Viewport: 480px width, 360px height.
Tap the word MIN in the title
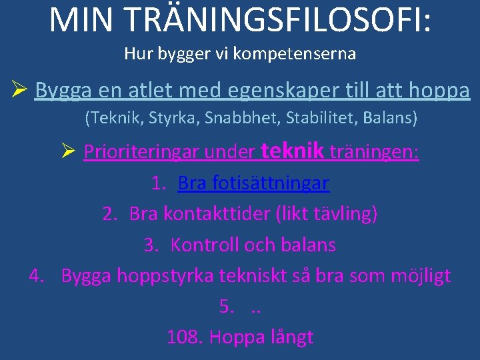coord(80,20)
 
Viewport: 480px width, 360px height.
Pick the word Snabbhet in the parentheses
coord(235,119)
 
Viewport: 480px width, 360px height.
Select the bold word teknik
coord(293,151)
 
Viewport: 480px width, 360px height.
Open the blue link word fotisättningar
coord(271,183)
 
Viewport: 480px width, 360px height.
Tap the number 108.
coord(185,337)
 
